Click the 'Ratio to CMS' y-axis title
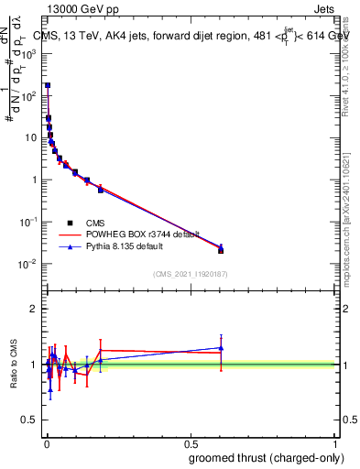tap(15, 365)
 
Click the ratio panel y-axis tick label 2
tap(35, 310)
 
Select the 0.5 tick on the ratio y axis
tap(31, 420)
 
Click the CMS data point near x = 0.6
tap(221, 250)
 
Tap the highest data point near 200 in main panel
tap(48, 85)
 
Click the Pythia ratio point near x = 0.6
tap(221, 347)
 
